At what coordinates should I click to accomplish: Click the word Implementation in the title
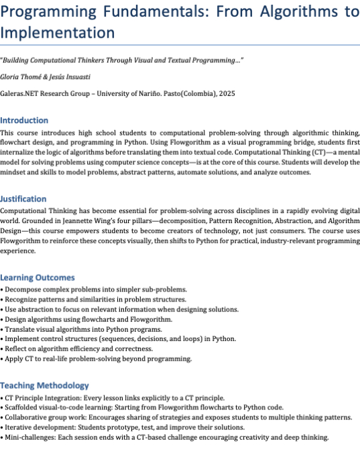pyautogui.click(x=57, y=31)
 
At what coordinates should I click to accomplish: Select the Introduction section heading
pyautogui.click(x=24, y=121)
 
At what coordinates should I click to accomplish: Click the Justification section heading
pyautogui.click(x=23, y=199)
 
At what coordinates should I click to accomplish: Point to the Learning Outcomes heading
pyautogui.click(x=37, y=277)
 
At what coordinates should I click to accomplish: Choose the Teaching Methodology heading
pyautogui.click(x=44, y=385)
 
